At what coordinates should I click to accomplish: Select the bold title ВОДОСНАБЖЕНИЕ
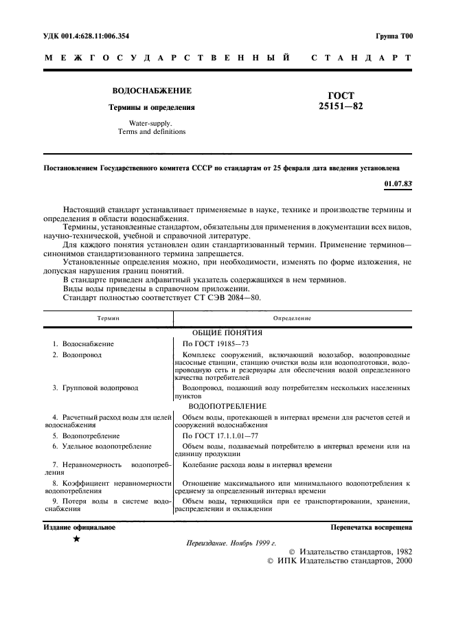(152, 91)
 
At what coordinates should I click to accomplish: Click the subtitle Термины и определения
(152, 107)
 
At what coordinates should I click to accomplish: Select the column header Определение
(292, 319)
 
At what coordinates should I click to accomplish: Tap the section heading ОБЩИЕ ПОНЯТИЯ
(292, 332)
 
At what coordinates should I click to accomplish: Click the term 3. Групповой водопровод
(95, 388)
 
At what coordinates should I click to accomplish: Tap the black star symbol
(76, 540)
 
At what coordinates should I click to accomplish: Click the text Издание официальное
(79, 528)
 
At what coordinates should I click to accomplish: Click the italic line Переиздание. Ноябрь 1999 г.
(231, 543)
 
